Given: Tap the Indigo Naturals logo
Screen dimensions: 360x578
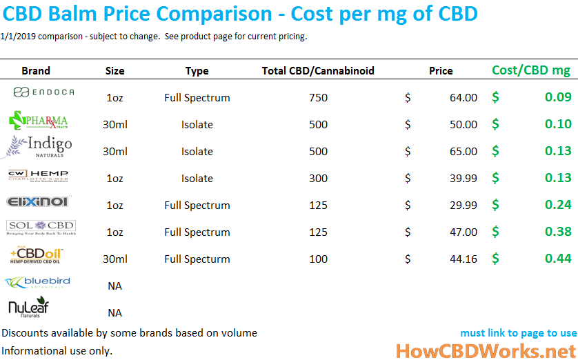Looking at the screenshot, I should tap(39, 147).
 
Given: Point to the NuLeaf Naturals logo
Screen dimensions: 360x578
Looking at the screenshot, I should tap(29, 308).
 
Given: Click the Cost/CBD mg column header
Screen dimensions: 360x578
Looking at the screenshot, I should tap(531, 70).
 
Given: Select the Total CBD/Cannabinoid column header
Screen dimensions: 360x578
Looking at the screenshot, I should tap(318, 70).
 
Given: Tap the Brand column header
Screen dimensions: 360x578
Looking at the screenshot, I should tap(36, 70).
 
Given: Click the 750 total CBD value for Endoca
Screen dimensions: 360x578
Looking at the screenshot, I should tap(318, 98).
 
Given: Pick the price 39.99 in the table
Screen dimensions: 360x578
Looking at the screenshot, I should tap(463, 179).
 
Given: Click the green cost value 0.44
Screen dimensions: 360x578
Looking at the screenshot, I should tap(557, 259).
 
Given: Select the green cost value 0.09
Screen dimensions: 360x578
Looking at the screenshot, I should tap(557, 98).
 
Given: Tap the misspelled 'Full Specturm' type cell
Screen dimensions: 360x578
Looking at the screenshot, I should tap(197, 259).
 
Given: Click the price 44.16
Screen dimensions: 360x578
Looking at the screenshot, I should tap(463, 259).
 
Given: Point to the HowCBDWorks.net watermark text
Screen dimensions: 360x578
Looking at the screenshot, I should tap(486, 350).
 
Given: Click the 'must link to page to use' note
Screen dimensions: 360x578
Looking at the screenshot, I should tap(518, 333).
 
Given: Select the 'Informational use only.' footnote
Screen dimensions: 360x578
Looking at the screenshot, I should tap(57, 350).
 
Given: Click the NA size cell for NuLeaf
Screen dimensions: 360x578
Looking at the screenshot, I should tap(115, 312).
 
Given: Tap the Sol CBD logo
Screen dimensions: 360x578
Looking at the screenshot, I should tap(41, 228).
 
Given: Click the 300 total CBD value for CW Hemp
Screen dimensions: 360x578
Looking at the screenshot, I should tap(318, 179).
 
